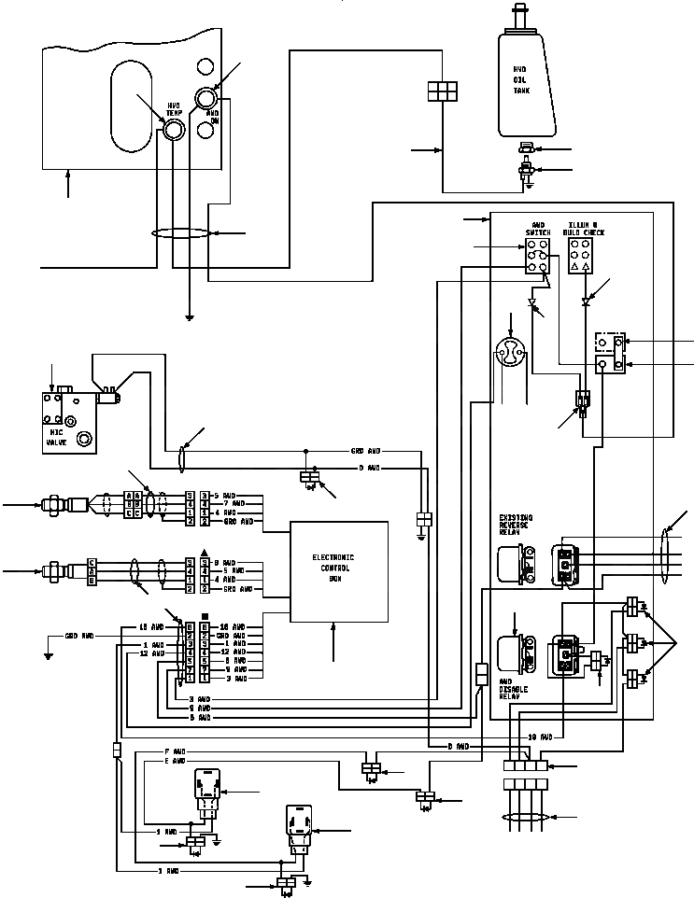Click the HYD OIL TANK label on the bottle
520,80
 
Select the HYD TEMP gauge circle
174,130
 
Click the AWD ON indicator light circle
205,98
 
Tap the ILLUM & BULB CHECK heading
586,229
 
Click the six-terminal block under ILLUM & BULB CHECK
580,255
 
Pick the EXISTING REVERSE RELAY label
517,525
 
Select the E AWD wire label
175,761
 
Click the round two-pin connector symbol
510,353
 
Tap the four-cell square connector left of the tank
441,91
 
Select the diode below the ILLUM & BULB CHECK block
586,302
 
